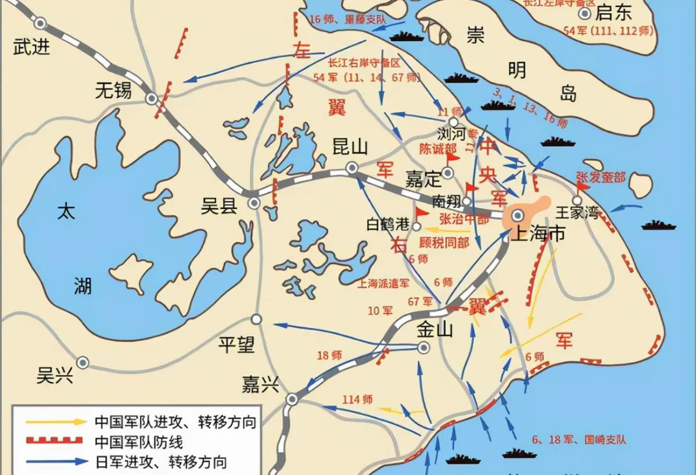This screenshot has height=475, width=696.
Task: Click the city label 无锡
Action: click(114, 90)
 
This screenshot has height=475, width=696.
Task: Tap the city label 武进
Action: click(31, 46)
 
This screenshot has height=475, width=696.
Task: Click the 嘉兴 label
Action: click(260, 384)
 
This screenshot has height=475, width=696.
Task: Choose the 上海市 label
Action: click(537, 234)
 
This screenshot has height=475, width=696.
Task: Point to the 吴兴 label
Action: click(55, 376)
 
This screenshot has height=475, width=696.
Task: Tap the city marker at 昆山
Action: click(351, 169)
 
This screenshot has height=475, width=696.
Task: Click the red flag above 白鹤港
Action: click(420, 212)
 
